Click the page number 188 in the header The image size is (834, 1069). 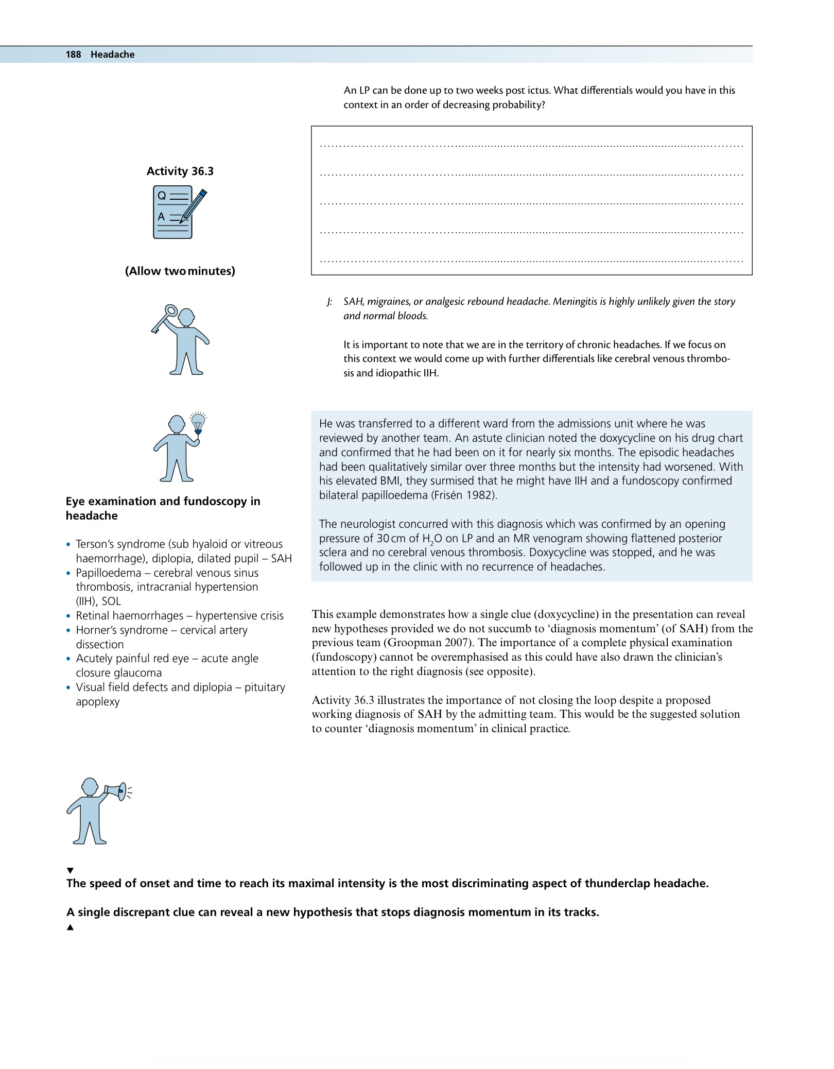[73, 55]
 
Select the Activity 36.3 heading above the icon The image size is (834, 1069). [180, 171]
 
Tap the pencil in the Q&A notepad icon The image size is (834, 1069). [194, 205]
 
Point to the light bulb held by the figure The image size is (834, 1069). [198, 423]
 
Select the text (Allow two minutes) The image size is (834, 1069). [180, 271]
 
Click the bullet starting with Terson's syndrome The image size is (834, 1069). [179, 544]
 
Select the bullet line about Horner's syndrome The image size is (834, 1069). [162, 630]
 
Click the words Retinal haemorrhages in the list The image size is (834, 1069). [129, 616]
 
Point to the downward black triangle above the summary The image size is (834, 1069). [71, 870]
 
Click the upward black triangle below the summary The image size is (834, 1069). [71, 927]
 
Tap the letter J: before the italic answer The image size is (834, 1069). [329, 302]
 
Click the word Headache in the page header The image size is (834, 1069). [112, 55]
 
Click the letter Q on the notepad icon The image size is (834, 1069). [162, 196]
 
